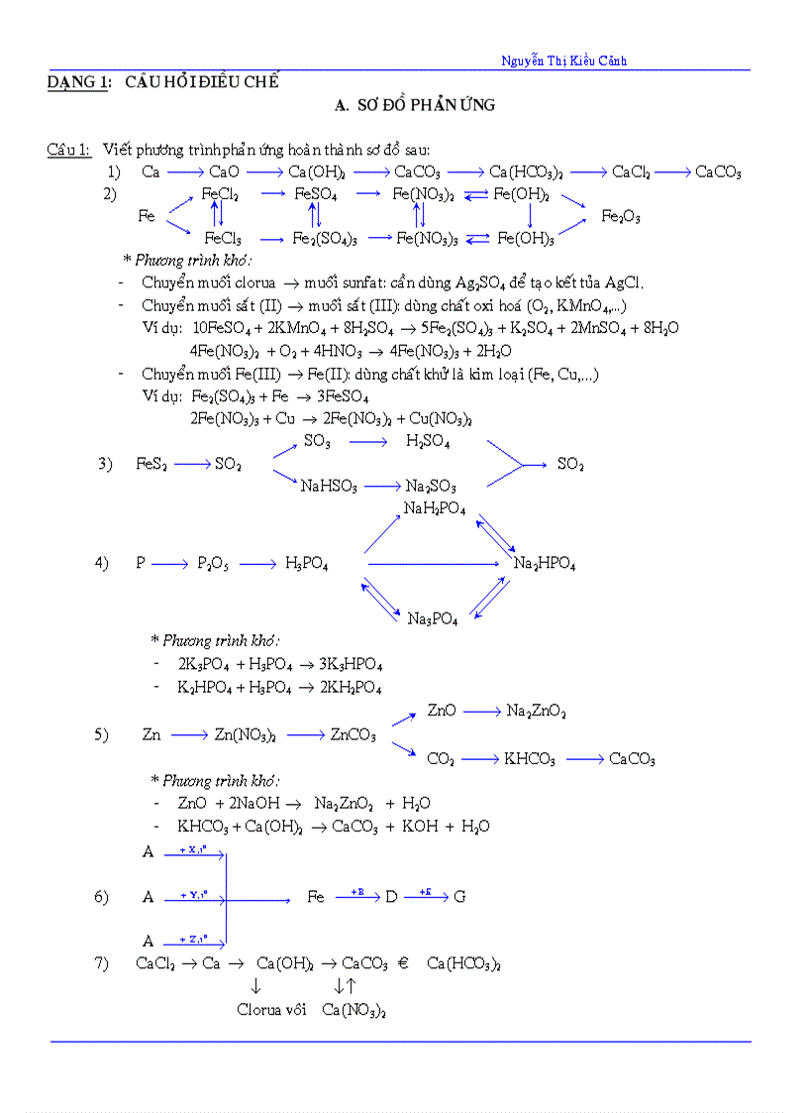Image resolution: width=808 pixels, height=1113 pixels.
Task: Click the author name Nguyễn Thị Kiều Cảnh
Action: (x=564, y=61)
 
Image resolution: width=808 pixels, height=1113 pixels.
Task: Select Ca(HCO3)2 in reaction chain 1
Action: (x=527, y=172)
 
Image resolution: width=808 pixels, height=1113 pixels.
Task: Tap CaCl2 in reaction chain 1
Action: (x=631, y=172)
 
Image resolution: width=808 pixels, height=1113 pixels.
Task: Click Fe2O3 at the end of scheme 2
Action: (x=621, y=217)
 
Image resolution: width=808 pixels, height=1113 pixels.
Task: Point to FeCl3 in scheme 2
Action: (x=223, y=239)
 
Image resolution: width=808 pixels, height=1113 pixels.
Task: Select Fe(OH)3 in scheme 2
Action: (x=526, y=239)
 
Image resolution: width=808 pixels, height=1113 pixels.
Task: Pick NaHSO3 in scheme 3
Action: (x=329, y=487)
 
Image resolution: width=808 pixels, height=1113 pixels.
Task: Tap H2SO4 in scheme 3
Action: (x=428, y=442)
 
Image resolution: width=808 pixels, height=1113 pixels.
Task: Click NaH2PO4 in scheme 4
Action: (x=434, y=509)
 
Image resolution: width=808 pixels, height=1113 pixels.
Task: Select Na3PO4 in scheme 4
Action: (x=433, y=618)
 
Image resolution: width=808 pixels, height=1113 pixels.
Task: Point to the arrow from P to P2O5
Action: (x=170, y=564)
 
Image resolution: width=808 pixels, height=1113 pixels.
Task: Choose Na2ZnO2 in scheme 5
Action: (x=536, y=712)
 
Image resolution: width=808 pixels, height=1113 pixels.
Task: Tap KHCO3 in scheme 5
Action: (x=530, y=760)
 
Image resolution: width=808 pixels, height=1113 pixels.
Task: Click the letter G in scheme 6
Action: (x=459, y=897)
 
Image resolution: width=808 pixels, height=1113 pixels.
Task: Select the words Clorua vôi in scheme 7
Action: (x=271, y=1010)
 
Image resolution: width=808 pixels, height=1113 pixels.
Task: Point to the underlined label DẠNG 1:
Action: (x=78, y=82)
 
